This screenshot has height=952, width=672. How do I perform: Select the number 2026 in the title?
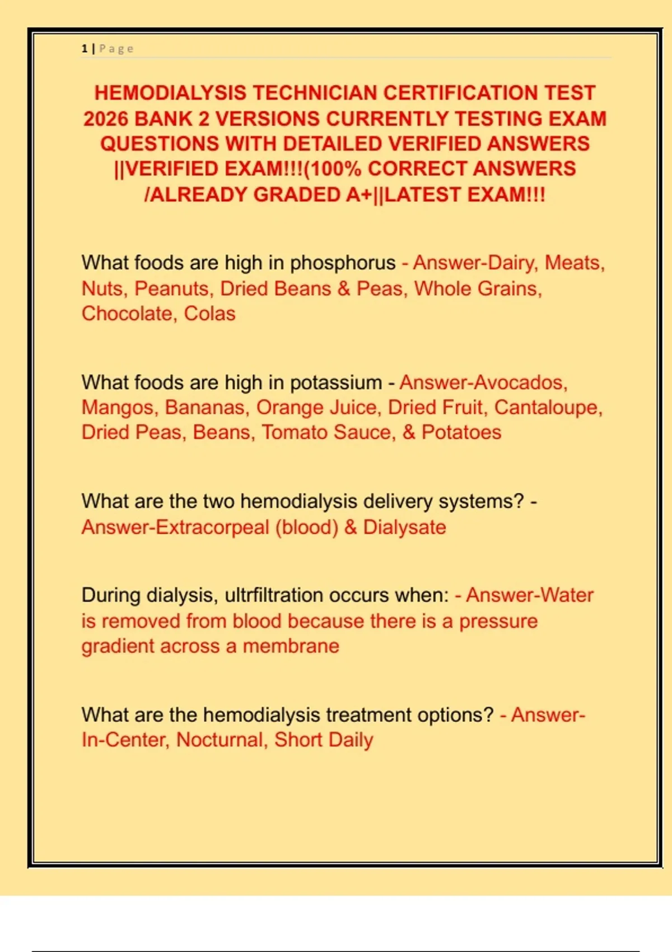pyautogui.click(x=106, y=119)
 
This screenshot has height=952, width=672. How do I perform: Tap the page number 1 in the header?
pyautogui.click(x=85, y=49)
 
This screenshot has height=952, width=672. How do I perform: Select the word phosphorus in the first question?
pyautogui.click(x=343, y=263)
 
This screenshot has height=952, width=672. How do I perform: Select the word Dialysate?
pyautogui.click(x=404, y=528)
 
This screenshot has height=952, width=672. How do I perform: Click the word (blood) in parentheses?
pyautogui.click(x=307, y=528)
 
